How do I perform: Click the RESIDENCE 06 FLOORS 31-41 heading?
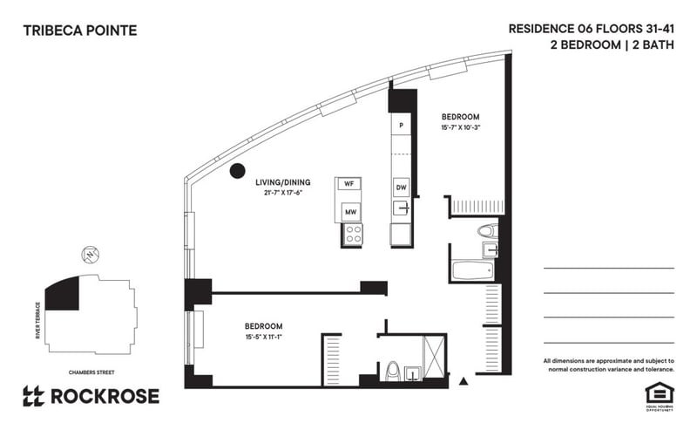(591, 28)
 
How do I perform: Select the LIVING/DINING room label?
(281, 182)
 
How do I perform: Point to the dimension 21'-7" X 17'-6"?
(281, 193)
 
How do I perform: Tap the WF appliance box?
(348, 184)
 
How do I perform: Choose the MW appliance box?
(349, 211)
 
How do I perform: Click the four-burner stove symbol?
(353, 234)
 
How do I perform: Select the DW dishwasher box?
(401, 188)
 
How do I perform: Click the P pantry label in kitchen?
(401, 126)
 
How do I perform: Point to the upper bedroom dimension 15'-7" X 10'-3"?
(460, 127)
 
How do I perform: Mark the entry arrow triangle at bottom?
(464, 381)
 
